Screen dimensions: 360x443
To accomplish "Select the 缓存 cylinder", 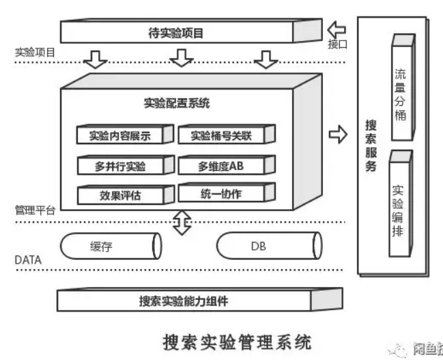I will tap(110, 246).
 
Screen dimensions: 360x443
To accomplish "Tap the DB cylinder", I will tap(267, 246).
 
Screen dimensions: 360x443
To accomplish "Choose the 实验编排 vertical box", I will tap(399, 208).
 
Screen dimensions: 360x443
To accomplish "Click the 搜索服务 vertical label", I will tap(371, 146).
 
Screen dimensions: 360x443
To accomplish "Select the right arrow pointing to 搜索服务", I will tap(338, 134).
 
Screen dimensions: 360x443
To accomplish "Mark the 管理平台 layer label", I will tap(35, 210).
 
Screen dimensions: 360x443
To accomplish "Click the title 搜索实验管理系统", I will tap(237, 341).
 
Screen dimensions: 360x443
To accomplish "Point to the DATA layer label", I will tap(28, 260).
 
